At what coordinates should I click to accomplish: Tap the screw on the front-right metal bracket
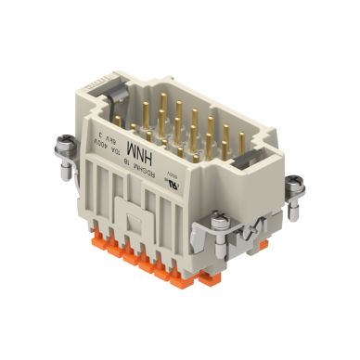[223, 219]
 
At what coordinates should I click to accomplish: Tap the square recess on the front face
[229, 188]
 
